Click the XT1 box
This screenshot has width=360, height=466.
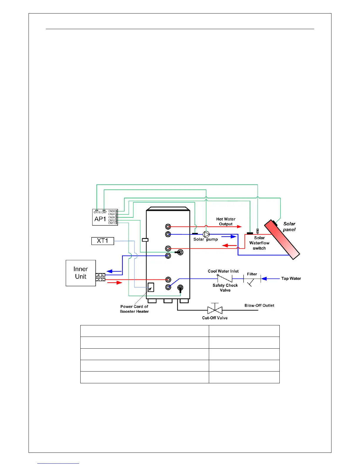click(x=103, y=241)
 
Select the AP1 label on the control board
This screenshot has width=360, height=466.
click(x=100, y=219)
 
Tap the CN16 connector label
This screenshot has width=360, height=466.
click(x=97, y=212)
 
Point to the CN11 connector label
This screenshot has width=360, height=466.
click(x=111, y=223)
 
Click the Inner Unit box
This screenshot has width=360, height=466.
click(x=81, y=273)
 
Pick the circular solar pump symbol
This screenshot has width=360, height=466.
click(x=206, y=234)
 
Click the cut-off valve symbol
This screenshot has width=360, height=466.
click(x=215, y=310)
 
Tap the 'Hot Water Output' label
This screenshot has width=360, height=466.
click(x=226, y=222)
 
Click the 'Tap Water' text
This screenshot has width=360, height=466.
click(x=291, y=279)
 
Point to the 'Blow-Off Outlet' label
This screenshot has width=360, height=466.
click(x=259, y=305)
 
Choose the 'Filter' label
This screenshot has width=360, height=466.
click(x=252, y=274)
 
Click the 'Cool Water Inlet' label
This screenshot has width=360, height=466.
click(x=223, y=271)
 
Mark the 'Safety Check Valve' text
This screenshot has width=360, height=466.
click(x=225, y=288)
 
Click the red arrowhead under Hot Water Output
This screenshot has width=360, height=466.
click(x=239, y=227)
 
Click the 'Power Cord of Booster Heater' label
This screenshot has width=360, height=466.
click(x=134, y=309)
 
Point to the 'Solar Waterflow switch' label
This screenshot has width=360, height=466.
click(x=259, y=243)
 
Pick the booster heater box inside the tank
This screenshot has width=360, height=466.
click(x=151, y=287)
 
